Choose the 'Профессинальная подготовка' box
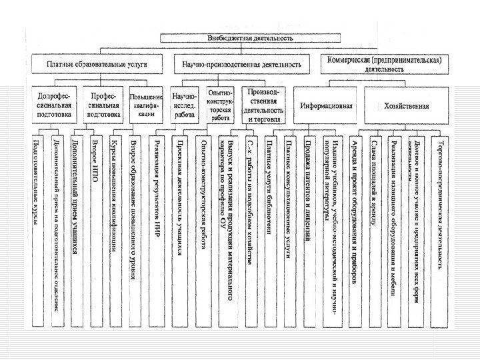coord(105,105)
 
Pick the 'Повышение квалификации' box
coord(145,105)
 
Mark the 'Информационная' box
coord(327,106)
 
